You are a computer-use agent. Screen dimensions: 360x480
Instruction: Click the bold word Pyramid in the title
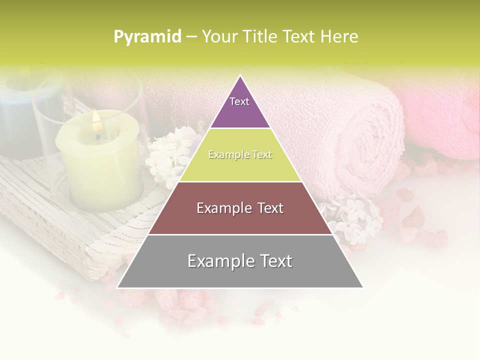coord(147,37)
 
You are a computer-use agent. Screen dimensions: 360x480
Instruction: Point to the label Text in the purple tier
coord(239,101)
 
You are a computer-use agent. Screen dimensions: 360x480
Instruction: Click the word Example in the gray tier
coord(217,261)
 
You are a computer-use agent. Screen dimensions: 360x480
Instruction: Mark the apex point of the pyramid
coord(240,75)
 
